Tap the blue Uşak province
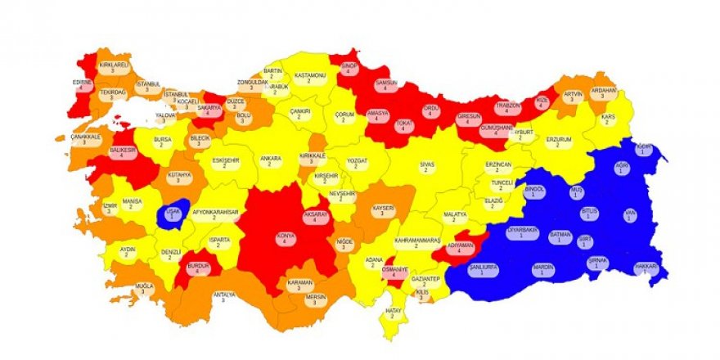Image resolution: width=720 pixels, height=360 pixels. (173, 214)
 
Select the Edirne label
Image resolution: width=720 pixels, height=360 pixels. (82, 85)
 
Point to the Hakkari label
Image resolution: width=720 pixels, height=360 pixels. (646, 269)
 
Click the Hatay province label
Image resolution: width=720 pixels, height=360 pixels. (394, 314)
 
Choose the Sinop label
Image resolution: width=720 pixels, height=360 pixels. (349, 69)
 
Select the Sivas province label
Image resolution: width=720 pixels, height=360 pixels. (426, 167)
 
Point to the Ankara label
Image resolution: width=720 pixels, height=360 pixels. (270, 160)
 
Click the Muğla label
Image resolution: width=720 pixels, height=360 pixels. (145, 289)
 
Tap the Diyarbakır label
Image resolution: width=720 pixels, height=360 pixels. (524, 234)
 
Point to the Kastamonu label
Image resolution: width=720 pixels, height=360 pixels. (309, 78)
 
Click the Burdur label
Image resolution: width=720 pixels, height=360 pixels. (198, 268)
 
